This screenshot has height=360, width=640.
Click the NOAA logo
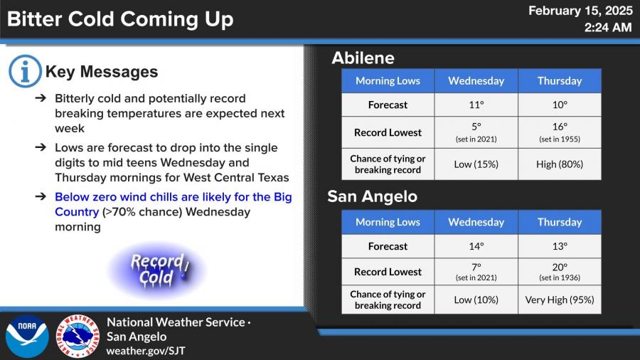(x=27, y=337)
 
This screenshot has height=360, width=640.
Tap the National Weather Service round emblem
(x=78, y=337)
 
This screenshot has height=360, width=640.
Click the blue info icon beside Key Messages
(x=25, y=71)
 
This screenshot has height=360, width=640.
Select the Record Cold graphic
(x=156, y=270)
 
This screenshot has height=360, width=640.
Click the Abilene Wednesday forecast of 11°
(x=476, y=105)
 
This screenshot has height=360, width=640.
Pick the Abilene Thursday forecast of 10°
(x=560, y=105)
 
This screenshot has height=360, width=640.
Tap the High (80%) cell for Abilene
(x=560, y=164)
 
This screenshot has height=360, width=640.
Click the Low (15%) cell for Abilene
(x=476, y=164)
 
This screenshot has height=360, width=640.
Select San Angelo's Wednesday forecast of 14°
(x=476, y=246)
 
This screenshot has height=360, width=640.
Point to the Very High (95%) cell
(x=560, y=300)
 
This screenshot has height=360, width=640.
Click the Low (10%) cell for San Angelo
(x=476, y=300)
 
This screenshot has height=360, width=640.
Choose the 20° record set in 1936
(x=560, y=272)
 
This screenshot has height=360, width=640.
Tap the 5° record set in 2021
(x=476, y=132)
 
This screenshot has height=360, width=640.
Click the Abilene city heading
(x=363, y=58)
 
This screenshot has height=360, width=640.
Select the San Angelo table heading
(x=372, y=196)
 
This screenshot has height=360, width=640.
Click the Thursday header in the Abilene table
(x=560, y=81)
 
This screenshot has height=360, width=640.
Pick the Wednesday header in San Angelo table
(x=476, y=222)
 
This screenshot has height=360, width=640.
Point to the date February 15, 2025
(x=580, y=11)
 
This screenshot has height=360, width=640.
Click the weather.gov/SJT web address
(x=146, y=351)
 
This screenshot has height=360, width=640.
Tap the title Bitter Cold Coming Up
(x=120, y=18)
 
